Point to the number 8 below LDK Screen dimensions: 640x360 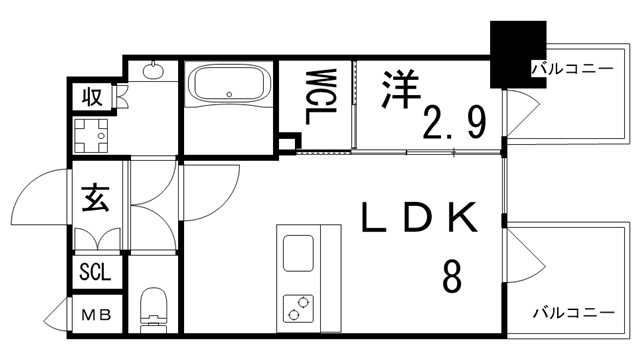pyautogui.click(x=452, y=275)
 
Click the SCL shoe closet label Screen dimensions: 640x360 pyautogui.click(x=96, y=272)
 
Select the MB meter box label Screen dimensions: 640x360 pyautogui.click(x=96, y=316)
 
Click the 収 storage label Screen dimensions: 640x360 pyautogui.click(x=93, y=97)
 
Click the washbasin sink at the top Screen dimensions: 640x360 pyautogui.click(x=153, y=70)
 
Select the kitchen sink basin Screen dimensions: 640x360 pyautogui.click(x=299, y=252)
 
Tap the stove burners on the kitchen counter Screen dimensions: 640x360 pyautogui.click(x=298, y=307)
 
